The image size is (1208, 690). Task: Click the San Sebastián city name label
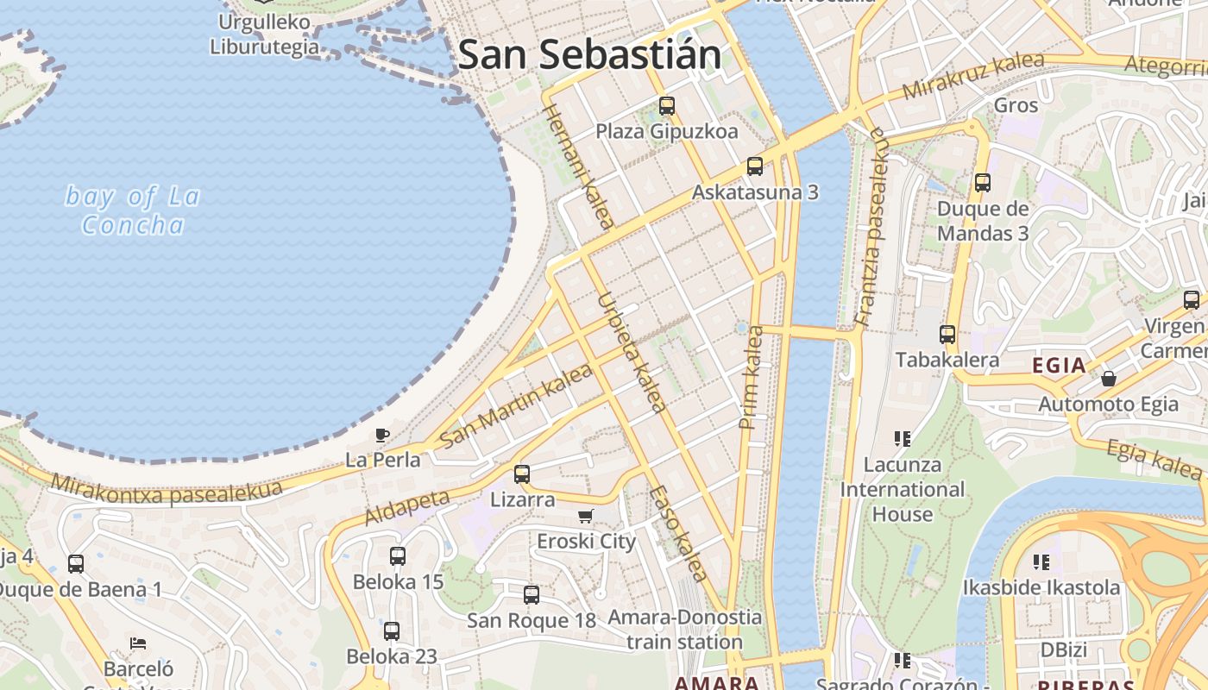[589, 54]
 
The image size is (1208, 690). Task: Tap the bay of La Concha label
[133, 210]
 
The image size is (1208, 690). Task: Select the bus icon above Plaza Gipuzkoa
[667, 106]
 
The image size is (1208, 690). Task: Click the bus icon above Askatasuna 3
[755, 166]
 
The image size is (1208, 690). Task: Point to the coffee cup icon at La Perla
[382, 436]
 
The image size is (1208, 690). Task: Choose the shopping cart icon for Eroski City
[586, 517]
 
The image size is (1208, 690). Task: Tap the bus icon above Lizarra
[522, 474]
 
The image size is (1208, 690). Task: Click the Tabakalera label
[947, 360]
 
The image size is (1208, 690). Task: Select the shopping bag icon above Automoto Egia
[1109, 379]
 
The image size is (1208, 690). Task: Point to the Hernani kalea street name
[579, 167]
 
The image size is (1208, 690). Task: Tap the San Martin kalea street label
[516, 405]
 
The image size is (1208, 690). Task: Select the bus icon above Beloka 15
[398, 556]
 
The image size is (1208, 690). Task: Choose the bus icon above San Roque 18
[532, 594]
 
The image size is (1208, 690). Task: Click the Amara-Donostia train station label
[685, 630]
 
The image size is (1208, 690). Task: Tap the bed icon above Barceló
[138, 643]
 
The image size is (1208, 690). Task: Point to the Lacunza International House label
[903, 489]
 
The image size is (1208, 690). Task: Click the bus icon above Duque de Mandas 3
[983, 183]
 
